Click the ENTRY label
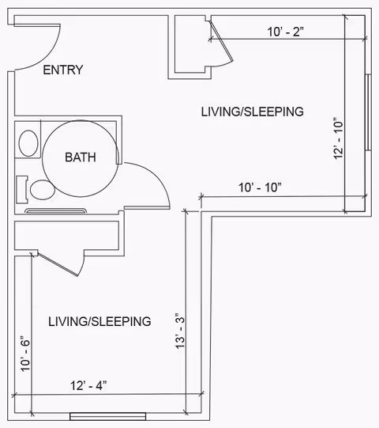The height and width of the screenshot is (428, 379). tap(63, 70)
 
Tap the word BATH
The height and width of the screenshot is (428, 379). tap(81, 157)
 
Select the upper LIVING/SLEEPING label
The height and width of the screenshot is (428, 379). tap(253, 112)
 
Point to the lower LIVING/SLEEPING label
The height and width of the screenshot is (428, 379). tap(99, 321)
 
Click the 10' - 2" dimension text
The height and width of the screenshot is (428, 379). tap(285, 32)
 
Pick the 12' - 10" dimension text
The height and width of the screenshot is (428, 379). tap(338, 138)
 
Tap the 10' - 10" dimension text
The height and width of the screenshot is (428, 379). tap(260, 187)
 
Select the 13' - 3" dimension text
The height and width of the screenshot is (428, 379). tap(180, 331)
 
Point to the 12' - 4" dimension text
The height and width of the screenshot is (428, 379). tap(88, 386)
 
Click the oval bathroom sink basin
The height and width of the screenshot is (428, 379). tap(28, 143)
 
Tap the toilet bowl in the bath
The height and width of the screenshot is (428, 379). tap(42, 190)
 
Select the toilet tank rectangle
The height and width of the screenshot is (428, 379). tap(22, 189)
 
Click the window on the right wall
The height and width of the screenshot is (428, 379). tap(368, 112)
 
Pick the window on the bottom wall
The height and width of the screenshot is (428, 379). tap(108, 416)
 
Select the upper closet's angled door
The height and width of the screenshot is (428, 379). tap(221, 41)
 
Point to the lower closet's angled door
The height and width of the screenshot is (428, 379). tap(58, 264)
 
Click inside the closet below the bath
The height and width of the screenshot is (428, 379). tap(66, 235)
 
